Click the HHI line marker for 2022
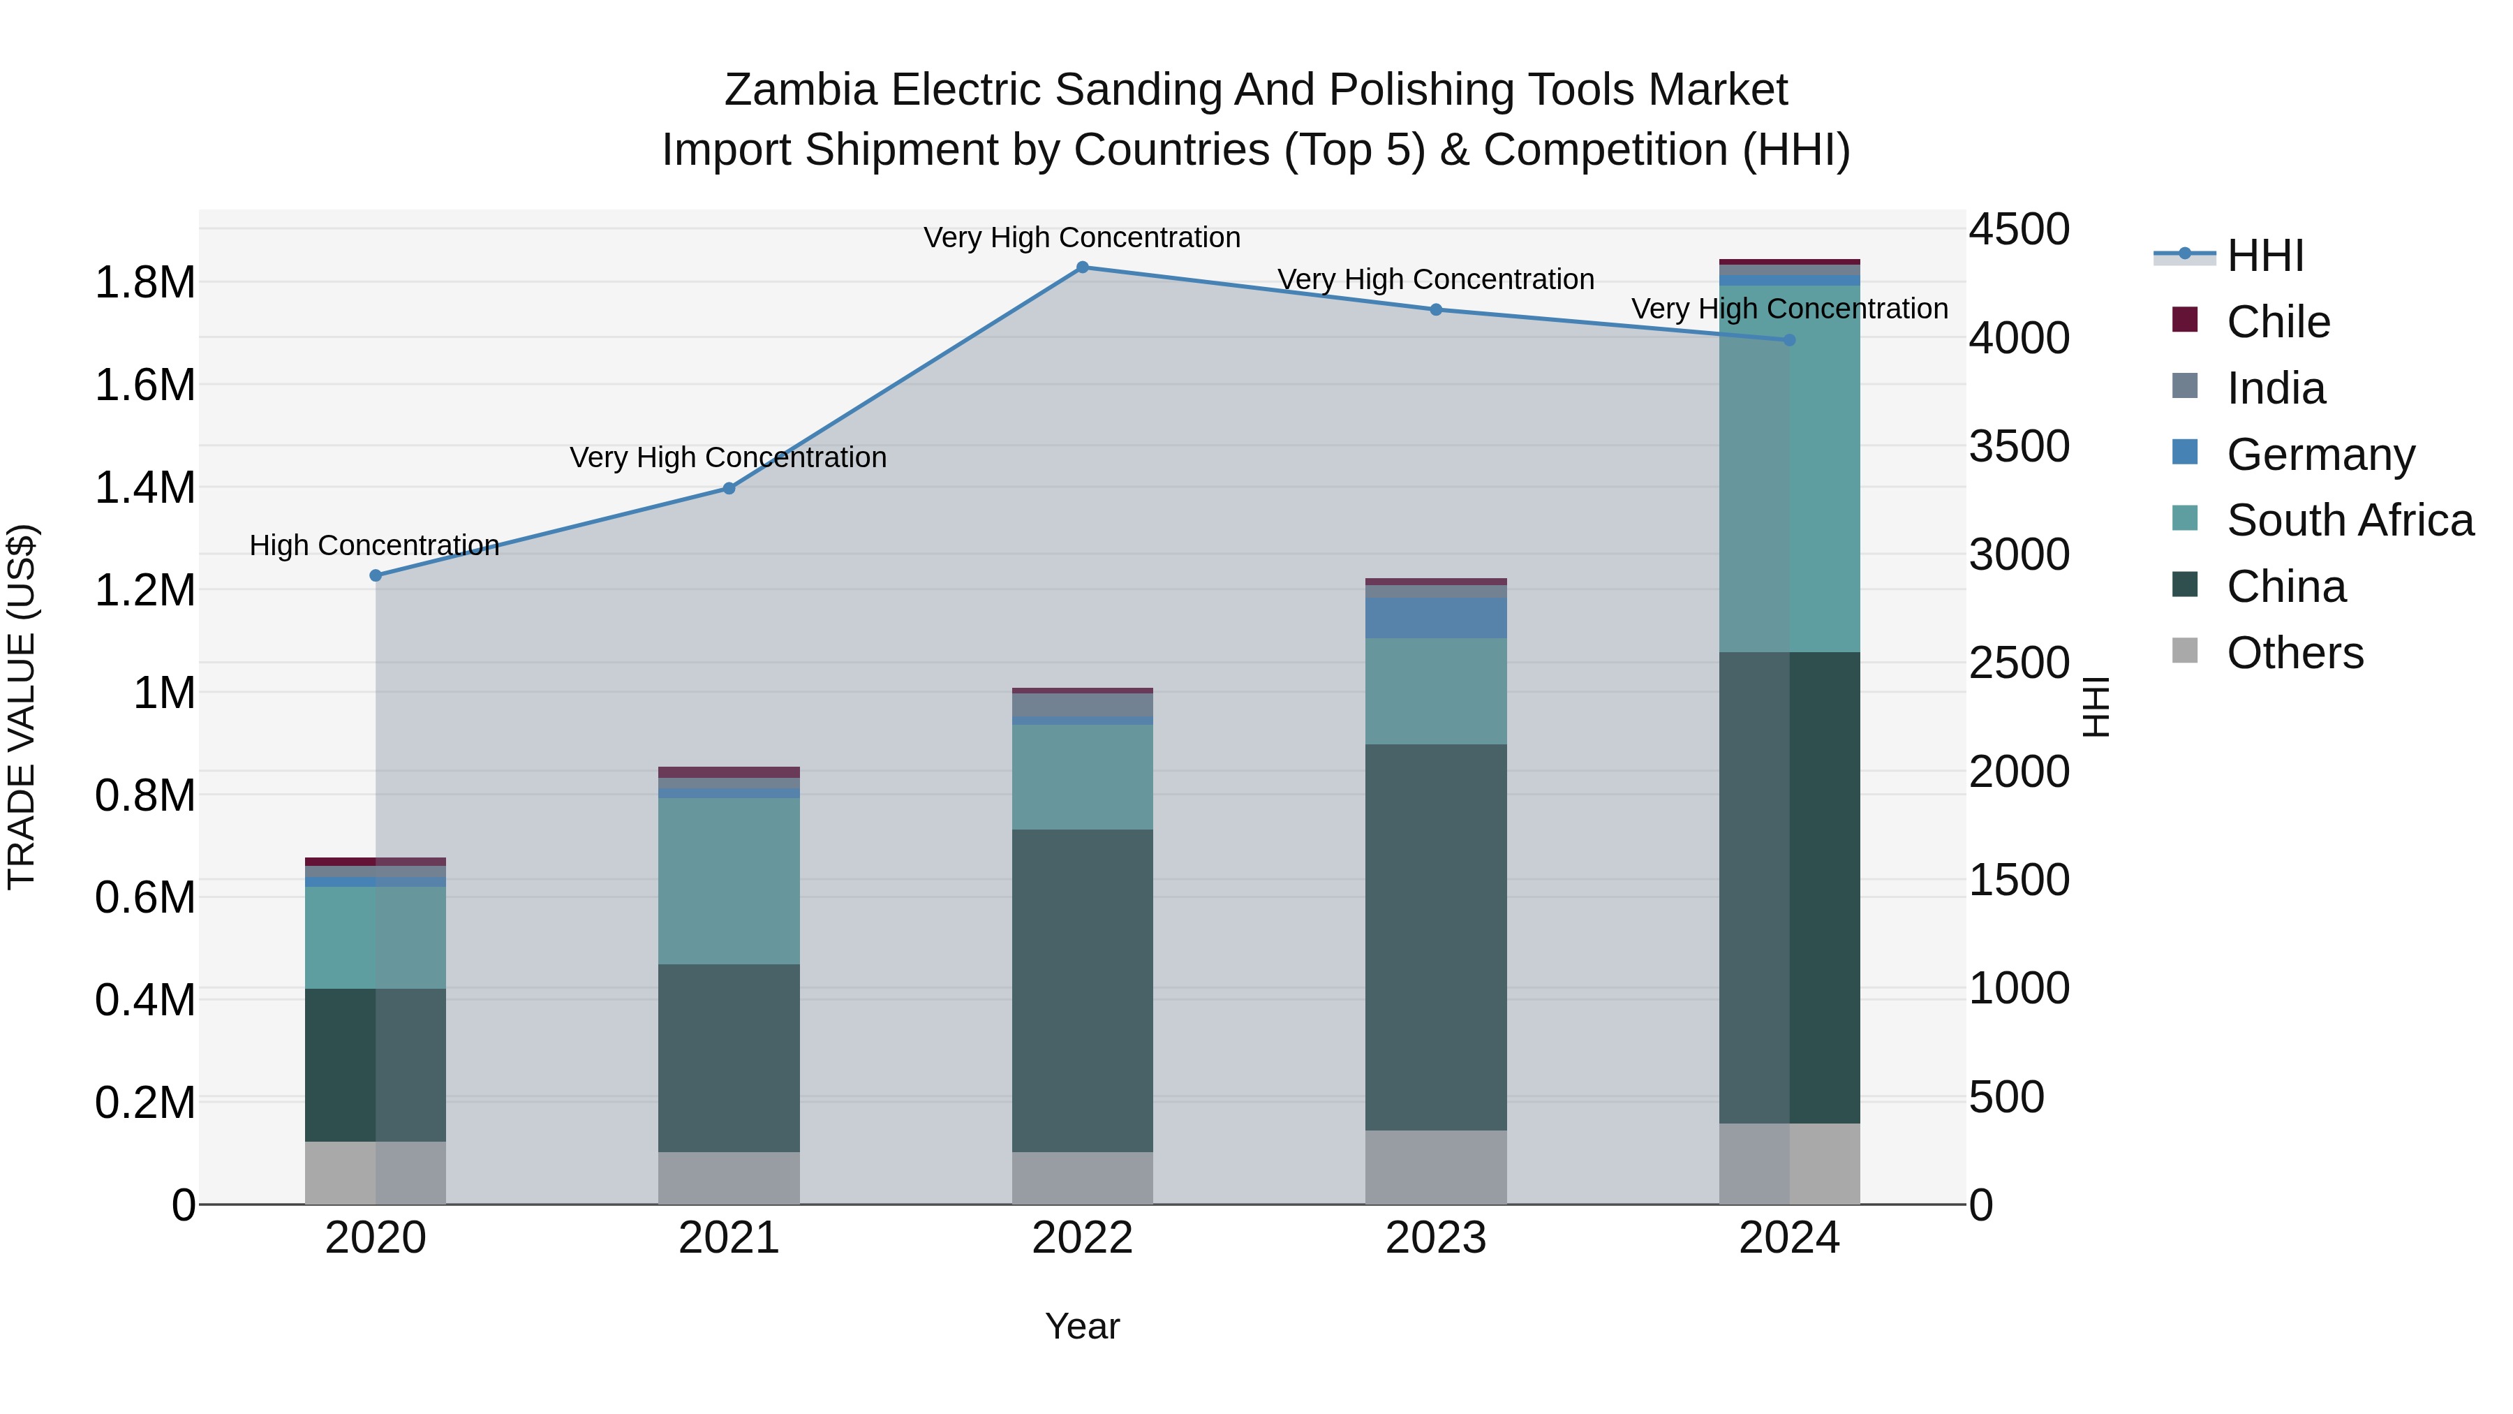tap(1082, 267)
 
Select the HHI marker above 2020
tap(376, 576)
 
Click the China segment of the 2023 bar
tap(1435, 937)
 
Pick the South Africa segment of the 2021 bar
tap(729, 881)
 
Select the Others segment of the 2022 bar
tap(1082, 1178)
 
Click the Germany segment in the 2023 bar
tap(1435, 618)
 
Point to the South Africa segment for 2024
tap(1789, 469)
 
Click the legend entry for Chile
tap(2278, 322)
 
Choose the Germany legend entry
tap(2320, 455)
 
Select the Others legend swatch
tap(2185, 651)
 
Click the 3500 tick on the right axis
tap(2018, 447)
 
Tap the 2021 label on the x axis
tap(729, 1238)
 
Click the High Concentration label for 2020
tap(375, 545)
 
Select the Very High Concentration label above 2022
tap(1082, 238)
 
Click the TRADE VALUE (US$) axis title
tap(22, 707)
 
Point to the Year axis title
tap(1082, 1326)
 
